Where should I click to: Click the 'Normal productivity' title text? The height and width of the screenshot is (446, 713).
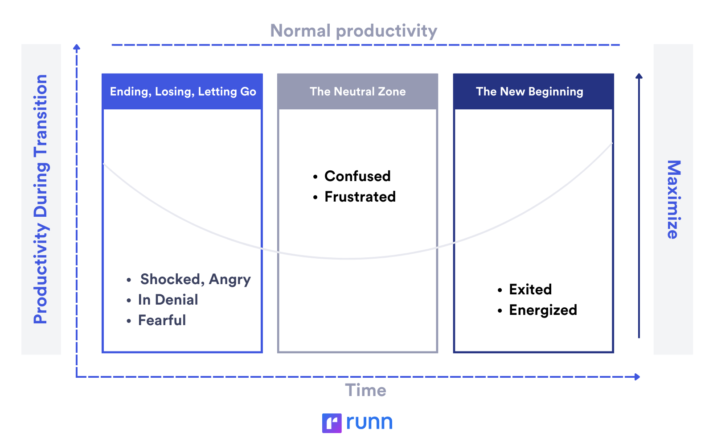(354, 31)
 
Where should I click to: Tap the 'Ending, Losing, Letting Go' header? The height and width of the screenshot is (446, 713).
(183, 91)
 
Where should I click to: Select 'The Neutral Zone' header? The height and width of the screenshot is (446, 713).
(357, 91)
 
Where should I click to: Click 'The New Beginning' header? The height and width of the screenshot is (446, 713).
(529, 91)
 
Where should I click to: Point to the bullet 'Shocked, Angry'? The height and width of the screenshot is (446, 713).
(195, 279)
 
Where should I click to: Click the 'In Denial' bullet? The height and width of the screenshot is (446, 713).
(168, 300)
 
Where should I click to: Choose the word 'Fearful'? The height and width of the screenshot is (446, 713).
(162, 320)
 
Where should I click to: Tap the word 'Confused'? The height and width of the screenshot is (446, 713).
(357, 176)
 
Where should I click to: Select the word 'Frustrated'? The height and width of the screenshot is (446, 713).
(360, 197)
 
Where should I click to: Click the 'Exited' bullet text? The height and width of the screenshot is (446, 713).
(530, 289)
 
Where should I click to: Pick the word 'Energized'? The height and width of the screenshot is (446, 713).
(543, 310)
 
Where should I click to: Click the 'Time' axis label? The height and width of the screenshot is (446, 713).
(365, 390)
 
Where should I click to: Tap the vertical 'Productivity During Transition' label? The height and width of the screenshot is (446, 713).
(41, 199)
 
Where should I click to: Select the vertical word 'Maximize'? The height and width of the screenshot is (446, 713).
(673, 199)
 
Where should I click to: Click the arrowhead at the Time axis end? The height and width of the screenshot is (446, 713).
(638, 377)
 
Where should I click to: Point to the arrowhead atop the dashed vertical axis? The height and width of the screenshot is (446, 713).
(77, 47)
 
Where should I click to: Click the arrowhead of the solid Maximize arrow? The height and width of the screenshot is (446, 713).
(639, 76)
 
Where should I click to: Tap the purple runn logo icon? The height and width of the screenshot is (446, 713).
(332, 423)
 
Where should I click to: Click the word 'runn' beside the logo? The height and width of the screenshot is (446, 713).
(369, 422)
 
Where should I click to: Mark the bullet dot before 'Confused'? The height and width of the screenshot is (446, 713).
(316, 177)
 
